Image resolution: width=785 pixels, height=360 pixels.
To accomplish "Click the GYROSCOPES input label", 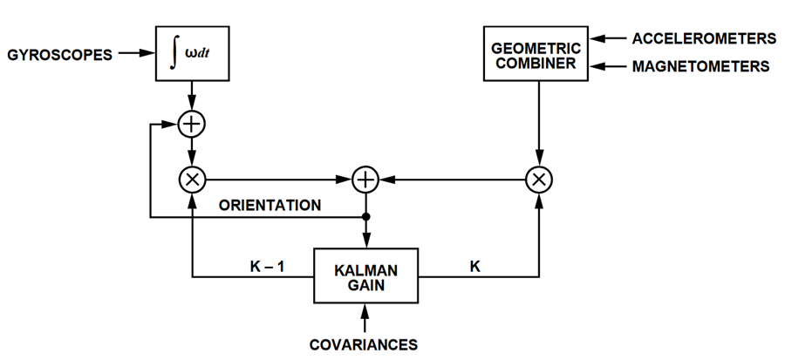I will coord(60,54).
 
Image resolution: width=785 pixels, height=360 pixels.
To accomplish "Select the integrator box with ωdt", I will coord(190,54).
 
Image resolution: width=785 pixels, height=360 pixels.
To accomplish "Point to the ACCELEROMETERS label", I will coord(704,38).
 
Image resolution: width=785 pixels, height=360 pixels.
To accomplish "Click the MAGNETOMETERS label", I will coord(700,66).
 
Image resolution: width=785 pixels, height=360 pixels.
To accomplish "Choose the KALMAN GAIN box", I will coord(365,276).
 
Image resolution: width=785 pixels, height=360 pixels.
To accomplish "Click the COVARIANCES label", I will coord(364,344).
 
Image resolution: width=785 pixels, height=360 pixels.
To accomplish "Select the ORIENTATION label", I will coord(270,206).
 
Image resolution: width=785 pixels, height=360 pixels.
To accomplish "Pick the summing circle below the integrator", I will coord(191,125).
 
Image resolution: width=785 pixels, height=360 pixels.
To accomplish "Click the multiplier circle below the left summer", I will coord(191,180).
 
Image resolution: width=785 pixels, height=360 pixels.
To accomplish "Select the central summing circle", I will coord(365,180).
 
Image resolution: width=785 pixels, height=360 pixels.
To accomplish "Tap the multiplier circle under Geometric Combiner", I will coord(540,180).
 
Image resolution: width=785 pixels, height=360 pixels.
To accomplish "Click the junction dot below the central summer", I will coord(365,216).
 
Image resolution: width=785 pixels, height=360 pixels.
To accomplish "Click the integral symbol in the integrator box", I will coord(175,54).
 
